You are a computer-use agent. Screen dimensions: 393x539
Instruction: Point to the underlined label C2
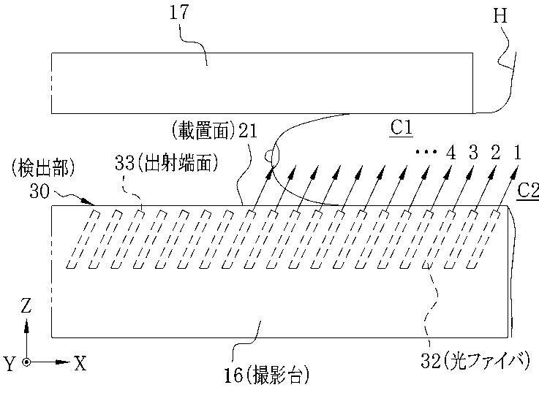pos(527,190)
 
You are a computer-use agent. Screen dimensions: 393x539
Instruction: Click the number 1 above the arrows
pos(517,153)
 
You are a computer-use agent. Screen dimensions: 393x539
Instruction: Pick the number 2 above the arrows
pos(495,153)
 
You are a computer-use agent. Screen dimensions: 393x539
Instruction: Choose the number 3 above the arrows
pos(473,153)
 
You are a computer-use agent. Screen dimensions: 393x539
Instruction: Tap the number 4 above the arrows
pos(451,153)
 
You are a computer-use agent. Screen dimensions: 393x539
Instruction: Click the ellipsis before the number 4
pos(425,153)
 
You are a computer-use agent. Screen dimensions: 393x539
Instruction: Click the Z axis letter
pos(26,306)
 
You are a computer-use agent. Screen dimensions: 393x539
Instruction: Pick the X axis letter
pos(80,363)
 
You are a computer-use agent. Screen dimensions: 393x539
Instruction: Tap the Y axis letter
pos(9,364)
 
